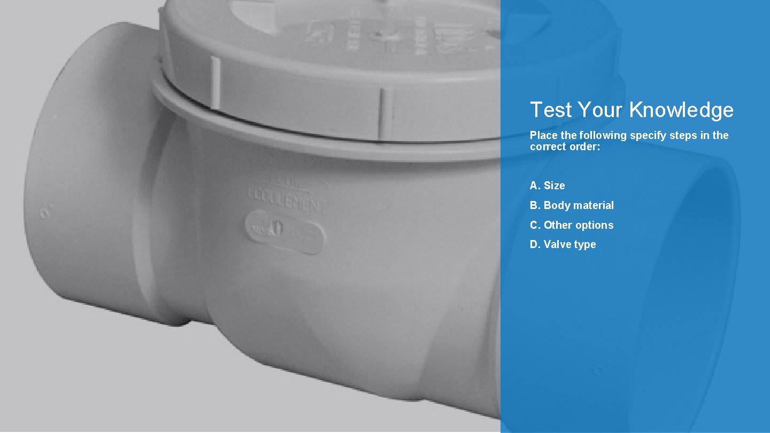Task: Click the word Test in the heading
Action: pyautogui.click(x=551, y=110)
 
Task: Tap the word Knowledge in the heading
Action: pyautogui.click(x=681, y=110)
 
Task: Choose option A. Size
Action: pyautogui.click(x=547, y=185)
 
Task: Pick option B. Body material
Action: pyautogui.click(x=572, y=205)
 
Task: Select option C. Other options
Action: pyautogui.click(x=572, y=225)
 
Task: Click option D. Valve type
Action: pyautogui.click(x=563, y=244)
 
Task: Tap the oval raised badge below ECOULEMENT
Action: pyautogui.click(x=284, y=231)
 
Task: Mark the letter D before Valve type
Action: pyautogui.click(x=534, y=244)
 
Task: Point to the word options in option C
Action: pyautogui.click(x=593, y=225)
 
